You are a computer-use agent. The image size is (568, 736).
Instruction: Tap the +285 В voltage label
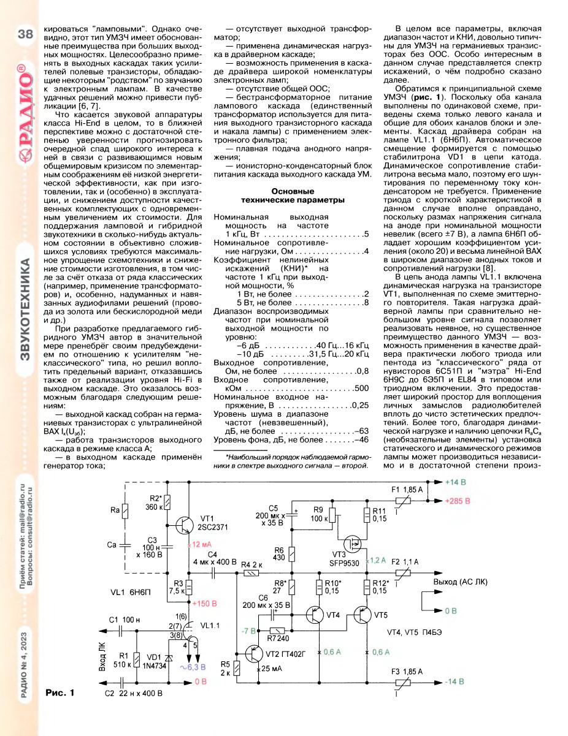pyautogui.click(x=458, y=500)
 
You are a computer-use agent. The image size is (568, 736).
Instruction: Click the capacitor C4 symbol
pyautogui.click(x=213, y=572)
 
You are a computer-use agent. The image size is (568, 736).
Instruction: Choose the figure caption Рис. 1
pyautogui.click(x=59, y=693)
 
